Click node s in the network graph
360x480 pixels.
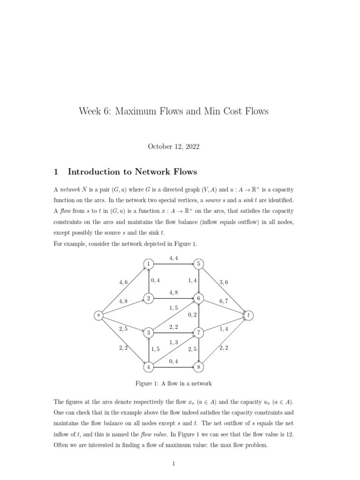click(x=98, y=315)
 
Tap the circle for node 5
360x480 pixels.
click(x=199, y=264)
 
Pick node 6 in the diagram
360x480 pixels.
click(x=199, y=299)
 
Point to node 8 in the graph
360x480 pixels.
click(x=199, y=367)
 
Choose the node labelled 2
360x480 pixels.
click(x=148, y=299)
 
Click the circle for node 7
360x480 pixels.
click(x=199, y=333)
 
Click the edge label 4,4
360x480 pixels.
click(x=173, y=257)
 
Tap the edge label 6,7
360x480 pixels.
click(x=223, y=302)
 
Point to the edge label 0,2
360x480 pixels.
click(x=192, y=315)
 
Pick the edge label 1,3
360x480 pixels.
click(x=173, y=343)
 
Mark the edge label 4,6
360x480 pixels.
click(x=124, y=282)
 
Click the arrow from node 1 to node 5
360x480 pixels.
click(x=173, y=264)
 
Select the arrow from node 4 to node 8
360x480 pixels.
click(x=173, y=367)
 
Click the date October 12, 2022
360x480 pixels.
click(x=173, y=147)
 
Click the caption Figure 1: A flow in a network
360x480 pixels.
click(x=173, y=383)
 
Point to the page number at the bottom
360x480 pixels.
click(x=173, y=464)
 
